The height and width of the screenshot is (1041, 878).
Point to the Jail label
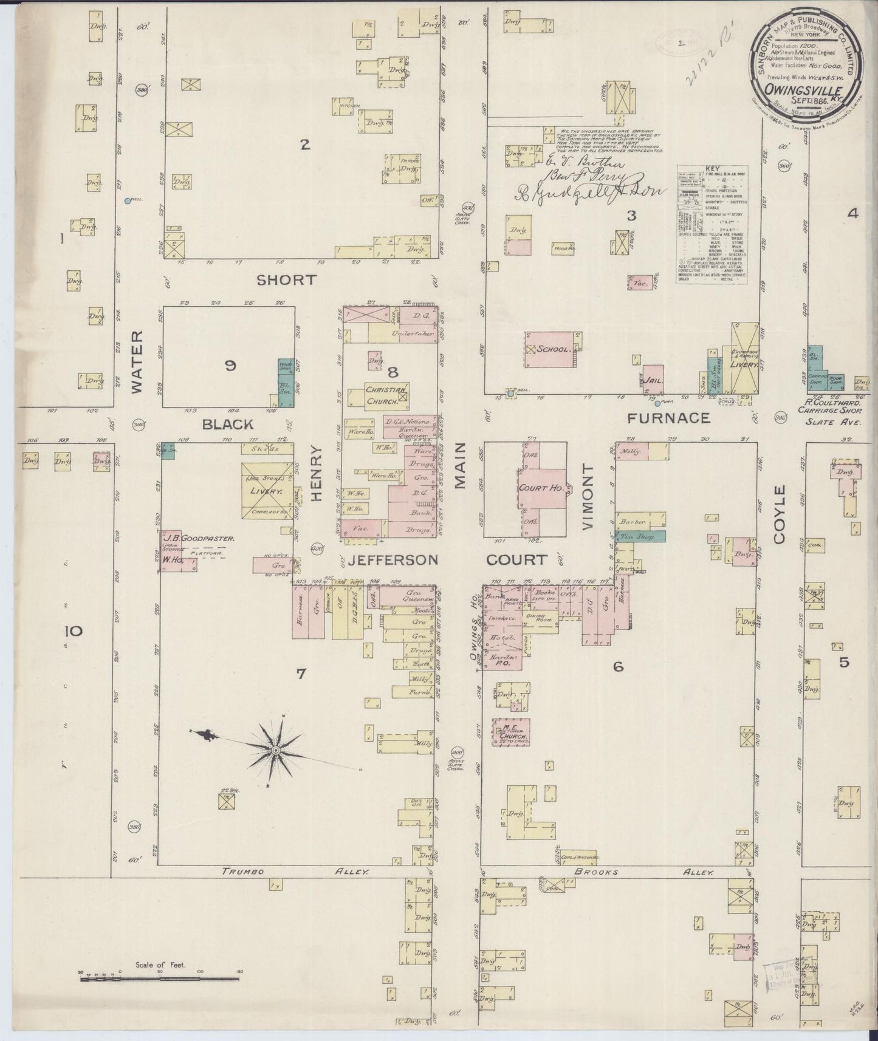click(x=653, y=380)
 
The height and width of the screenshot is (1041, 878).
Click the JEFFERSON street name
click(x=392, y=559)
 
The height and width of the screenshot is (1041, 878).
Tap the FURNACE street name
click(x=668, y=418)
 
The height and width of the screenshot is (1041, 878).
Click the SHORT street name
click(x=286, y=279)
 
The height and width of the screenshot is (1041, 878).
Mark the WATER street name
click(x=136, y=361)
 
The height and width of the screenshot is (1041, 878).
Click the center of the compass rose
click(x=276, y=751)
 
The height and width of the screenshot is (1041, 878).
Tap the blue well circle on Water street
click(x=127, y=200)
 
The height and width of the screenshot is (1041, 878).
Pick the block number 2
click(x=305, y=145)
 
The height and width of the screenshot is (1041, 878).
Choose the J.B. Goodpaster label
click(x=198, y=538)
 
